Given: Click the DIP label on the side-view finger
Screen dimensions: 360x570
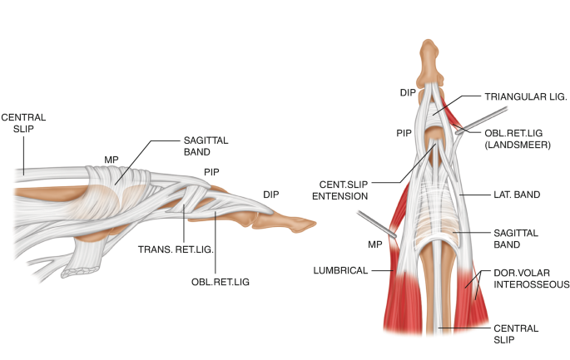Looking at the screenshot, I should click(271, 194).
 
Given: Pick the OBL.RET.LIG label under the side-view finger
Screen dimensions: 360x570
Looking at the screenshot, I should click(221, 281).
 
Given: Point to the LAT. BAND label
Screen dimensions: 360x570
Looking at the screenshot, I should click(516, 195).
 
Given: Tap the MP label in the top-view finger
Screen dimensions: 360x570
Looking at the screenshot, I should click(375, 244).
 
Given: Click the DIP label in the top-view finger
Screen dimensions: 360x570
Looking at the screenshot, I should click(407, 92).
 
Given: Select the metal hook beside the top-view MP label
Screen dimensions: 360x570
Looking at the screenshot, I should click(373, 223).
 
